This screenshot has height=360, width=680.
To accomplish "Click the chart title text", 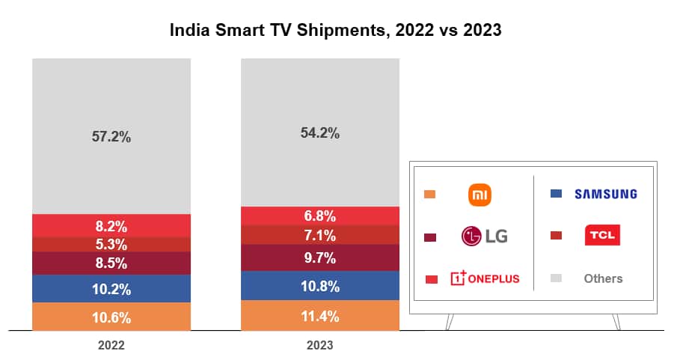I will (335, 31).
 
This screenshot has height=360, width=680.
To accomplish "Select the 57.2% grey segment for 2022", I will (111, 137).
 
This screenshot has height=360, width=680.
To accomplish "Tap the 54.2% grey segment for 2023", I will (320, 133).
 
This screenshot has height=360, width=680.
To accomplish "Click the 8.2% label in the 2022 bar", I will (111, 226).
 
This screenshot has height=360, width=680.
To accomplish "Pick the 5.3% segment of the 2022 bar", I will (111, 245).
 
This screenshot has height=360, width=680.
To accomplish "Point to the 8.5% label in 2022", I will (111, 263).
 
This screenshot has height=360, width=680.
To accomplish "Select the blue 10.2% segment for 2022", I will (111, 289).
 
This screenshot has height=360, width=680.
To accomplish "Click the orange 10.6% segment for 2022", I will (111, 317).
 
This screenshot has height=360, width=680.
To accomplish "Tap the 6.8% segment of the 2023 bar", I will (320, 216).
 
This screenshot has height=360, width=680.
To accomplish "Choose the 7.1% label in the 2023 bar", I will (320, 236).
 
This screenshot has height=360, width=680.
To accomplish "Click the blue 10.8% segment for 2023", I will (320, 286).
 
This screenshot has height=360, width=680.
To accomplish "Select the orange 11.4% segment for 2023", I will (320, 316).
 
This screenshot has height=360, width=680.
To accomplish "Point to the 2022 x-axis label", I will (111, 346).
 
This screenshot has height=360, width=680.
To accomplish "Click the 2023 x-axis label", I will (320, 346).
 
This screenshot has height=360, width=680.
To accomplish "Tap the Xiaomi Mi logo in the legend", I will (480, 195).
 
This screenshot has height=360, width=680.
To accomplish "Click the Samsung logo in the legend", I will (605, 195).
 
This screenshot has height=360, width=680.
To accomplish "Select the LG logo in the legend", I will (484, 237).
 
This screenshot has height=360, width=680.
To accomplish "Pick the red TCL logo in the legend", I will (602, 236).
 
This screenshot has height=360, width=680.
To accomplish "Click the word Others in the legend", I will (603, 278).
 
